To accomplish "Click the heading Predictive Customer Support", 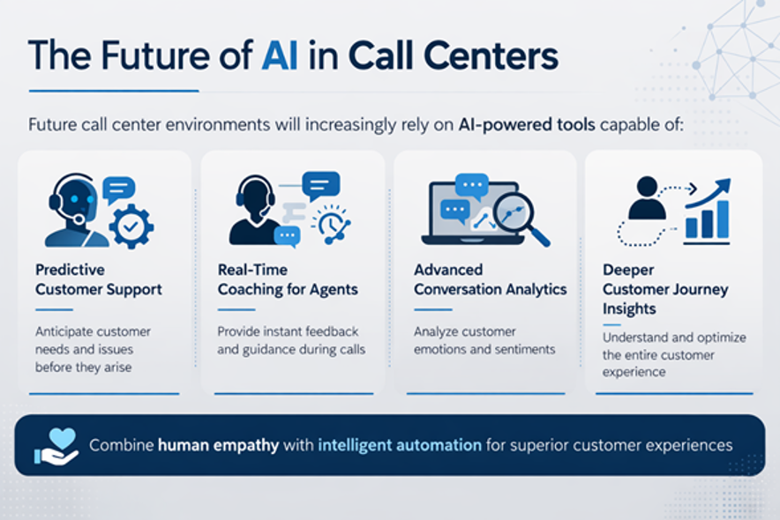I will pyautogui.click(x=98, y=279).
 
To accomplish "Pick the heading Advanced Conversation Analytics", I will pyautogui.click(x=490, y=279).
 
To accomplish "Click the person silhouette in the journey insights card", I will pyautogui.click(x=648, y=198).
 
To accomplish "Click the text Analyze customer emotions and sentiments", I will pyautogui.click(x=484, y=340).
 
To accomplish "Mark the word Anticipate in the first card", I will pyautogui.click(x=65, y=331).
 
